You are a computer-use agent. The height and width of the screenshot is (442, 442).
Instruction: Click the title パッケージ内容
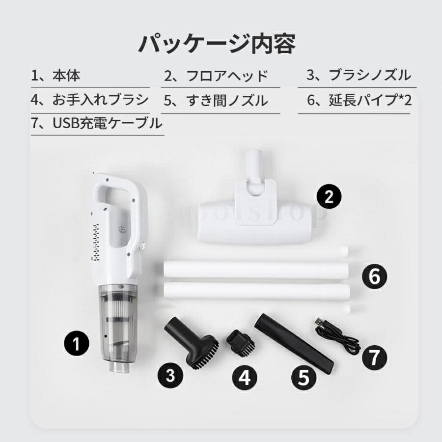click(x=217, y=44)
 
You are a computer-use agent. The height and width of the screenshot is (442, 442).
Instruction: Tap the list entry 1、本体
click(x=55, y=76)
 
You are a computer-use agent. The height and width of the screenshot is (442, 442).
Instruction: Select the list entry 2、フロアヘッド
click(x=216, y=76)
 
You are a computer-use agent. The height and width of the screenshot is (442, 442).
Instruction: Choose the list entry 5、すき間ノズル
click(x=216, y=101)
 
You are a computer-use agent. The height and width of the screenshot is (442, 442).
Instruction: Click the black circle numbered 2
click(x=330, y=197)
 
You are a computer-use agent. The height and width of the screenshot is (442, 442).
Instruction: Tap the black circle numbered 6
click(x=375, y=277)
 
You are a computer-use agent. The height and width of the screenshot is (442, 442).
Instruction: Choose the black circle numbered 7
click(x=375, y=357)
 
